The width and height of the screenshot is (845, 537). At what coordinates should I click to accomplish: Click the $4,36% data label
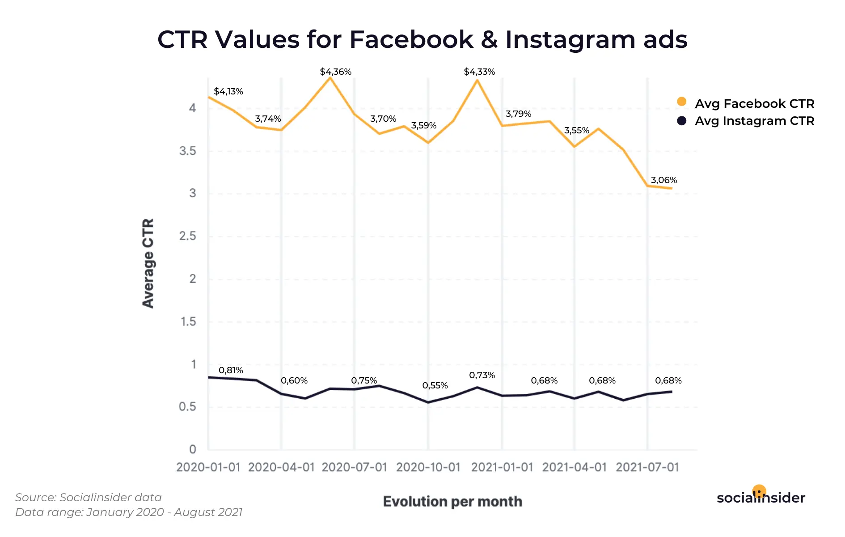point(335,72)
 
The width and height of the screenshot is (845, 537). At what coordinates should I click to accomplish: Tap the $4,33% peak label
point(479,72)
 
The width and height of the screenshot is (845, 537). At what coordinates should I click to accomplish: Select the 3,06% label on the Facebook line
point(663,180)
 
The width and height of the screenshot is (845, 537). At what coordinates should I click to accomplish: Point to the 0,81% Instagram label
point(231,370)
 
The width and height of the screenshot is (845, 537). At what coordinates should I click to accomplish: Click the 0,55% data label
point(435,385)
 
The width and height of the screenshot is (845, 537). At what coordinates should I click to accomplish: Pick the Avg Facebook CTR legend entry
point(754,103)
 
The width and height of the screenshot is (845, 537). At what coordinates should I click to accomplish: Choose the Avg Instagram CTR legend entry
point(754,121)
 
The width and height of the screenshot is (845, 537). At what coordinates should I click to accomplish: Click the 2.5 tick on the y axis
point(188,236)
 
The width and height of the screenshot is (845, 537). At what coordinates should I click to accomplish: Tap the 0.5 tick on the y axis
point(188,407)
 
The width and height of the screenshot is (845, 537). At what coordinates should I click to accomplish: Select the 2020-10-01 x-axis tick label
point(428,467)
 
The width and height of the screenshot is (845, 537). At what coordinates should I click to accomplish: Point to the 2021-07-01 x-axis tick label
point(647,467)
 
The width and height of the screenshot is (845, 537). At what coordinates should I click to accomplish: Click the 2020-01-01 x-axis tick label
point(208,467)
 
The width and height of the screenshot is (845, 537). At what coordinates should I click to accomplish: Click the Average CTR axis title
point(148,263)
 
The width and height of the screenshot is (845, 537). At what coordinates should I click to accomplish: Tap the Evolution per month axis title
point(452,501)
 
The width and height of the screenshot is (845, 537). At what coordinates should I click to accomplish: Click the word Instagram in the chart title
point(570,39)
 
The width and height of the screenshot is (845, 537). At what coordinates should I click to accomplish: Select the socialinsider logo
point(760,497)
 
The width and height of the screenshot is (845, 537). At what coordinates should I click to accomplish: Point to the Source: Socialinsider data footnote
point(89,497)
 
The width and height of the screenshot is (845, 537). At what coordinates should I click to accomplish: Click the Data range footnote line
point(129,512)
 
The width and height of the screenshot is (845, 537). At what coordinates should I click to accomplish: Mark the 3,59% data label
point(423,125)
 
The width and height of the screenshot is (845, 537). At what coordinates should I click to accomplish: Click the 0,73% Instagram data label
point(482,375)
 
